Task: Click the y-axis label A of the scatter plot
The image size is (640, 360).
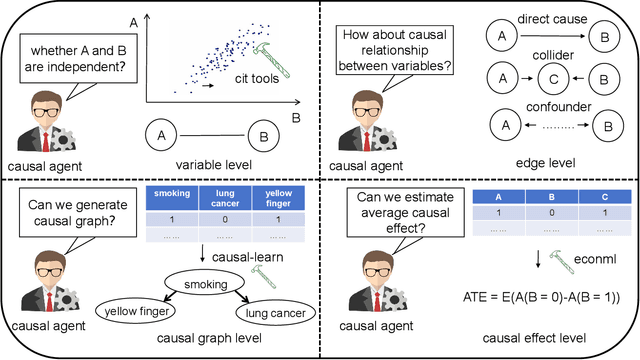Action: click(134, 21)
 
